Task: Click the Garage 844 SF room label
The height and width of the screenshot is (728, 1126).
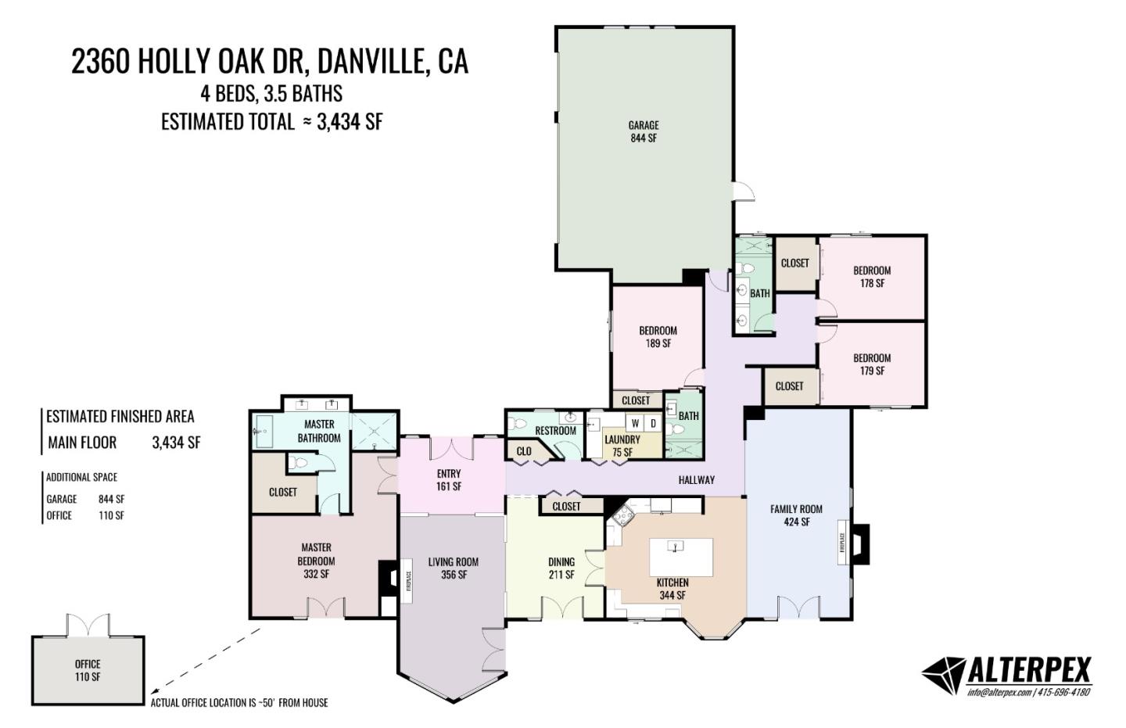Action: click(643, 131)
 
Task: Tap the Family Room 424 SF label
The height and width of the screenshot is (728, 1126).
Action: click(796, 515)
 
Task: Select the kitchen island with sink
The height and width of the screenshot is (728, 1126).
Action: click(681, 556)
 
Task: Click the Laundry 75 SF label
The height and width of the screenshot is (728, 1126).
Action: click(622, 446)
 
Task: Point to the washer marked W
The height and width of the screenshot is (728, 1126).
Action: click(636, 424)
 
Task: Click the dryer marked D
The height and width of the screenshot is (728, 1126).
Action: click(654, 424)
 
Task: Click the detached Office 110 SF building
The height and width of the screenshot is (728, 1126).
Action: click(88, 670)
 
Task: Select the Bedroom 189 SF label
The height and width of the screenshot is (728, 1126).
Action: click(658, 337)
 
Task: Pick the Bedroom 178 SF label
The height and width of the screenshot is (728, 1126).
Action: click(872, 277)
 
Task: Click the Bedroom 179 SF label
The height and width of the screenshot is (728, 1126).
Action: click(872, 364)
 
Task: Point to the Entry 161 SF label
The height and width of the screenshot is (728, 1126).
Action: click(449, 479)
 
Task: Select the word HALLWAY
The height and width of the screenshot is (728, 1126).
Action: click(696, 480)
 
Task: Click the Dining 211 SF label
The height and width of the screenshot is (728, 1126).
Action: click(561, 568)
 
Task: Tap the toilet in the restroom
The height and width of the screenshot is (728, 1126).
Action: click(517, 425)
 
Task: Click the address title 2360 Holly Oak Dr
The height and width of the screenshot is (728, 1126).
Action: click(270, 61)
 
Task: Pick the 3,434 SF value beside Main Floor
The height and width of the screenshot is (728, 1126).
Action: click(176, 443)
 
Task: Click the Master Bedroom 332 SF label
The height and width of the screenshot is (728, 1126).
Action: click(316, 561)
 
